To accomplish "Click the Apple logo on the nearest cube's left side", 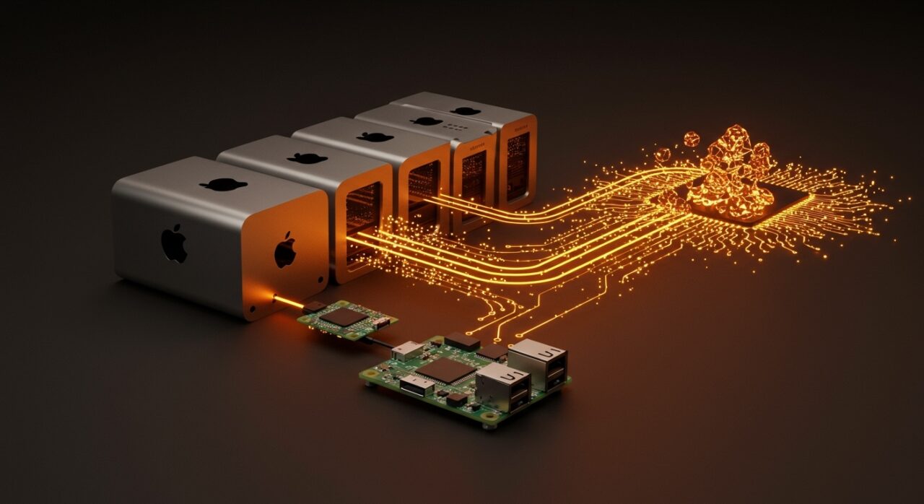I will pyautogui.click(x=174, y=243).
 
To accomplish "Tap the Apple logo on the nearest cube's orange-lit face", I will pyautogui.click(x=285, y=250).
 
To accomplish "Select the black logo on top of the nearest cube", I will pyautogui.click(x=223, y=184).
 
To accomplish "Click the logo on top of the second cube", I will pyautogui.click(x=307, y=158).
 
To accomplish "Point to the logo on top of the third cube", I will pyautogui.click(x=375, y=136).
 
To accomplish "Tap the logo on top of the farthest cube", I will pyautogui.click(x=466, y=111).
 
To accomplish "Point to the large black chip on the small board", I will pyautogui.click(x=343, y=316).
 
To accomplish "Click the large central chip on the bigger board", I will pyautogui.click(x=445, y=370).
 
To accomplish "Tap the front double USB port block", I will pyautogui.click(x=503, y=387).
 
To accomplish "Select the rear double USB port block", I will pyautogui.click(x=537, y=363).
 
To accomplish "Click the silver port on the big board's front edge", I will pyautogui.click(x=417, y=386).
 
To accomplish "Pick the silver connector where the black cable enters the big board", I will pyautogui.click(x=406, y=350).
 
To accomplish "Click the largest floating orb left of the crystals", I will pyautogui.click(x=691, y=139).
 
